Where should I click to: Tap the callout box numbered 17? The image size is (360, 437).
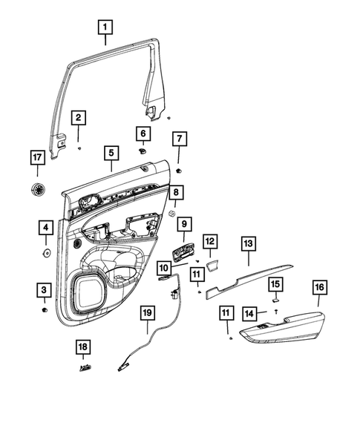37,157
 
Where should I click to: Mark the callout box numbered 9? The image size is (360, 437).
183,223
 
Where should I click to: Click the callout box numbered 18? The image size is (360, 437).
83,348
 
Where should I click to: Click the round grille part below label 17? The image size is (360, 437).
37,190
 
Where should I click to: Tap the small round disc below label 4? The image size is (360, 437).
46,253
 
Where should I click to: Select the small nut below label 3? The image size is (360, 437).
45,308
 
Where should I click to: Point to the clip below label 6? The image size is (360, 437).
141,150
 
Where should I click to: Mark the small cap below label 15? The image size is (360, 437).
275,300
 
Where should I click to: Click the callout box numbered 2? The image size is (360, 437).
79,118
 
